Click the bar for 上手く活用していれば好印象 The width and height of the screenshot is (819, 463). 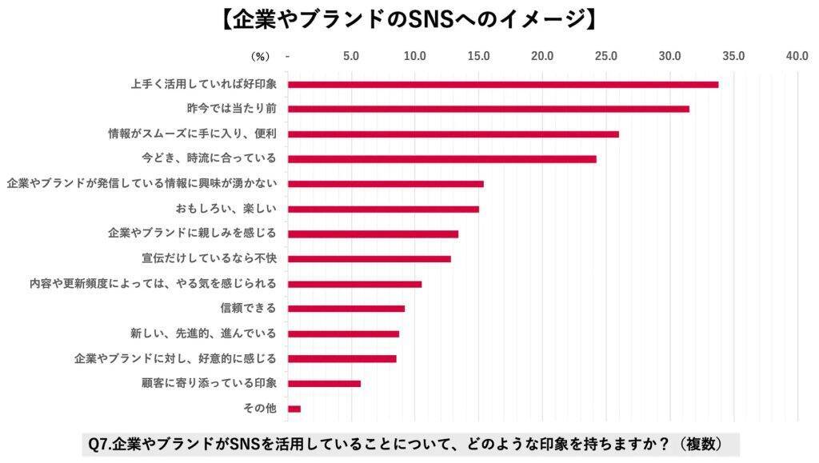[502, 84]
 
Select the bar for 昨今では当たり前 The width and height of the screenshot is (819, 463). [488, 109]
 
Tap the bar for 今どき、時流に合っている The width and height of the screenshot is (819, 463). [441, 158]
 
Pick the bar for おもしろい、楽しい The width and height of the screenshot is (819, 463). [383, 209]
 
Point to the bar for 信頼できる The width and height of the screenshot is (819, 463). [346, 309]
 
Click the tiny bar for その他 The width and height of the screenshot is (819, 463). [294, 409]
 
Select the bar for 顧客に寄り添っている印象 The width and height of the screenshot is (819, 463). [324, 383]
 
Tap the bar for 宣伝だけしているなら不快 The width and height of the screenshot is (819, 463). [369, 258]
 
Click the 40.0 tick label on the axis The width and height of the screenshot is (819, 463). [797, 56]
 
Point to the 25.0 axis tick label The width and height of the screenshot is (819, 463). [605, 56]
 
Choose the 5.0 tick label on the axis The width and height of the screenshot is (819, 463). [350, 56]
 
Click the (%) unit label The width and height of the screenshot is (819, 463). [261, 56]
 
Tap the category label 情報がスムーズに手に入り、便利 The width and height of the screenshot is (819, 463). [192, 134]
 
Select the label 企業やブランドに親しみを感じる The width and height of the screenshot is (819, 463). [192, 233]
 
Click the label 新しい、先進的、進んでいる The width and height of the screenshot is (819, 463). [203, 333]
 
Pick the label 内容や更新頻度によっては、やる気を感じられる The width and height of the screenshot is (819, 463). [152, 283]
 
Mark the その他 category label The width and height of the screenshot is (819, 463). [259, 409]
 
